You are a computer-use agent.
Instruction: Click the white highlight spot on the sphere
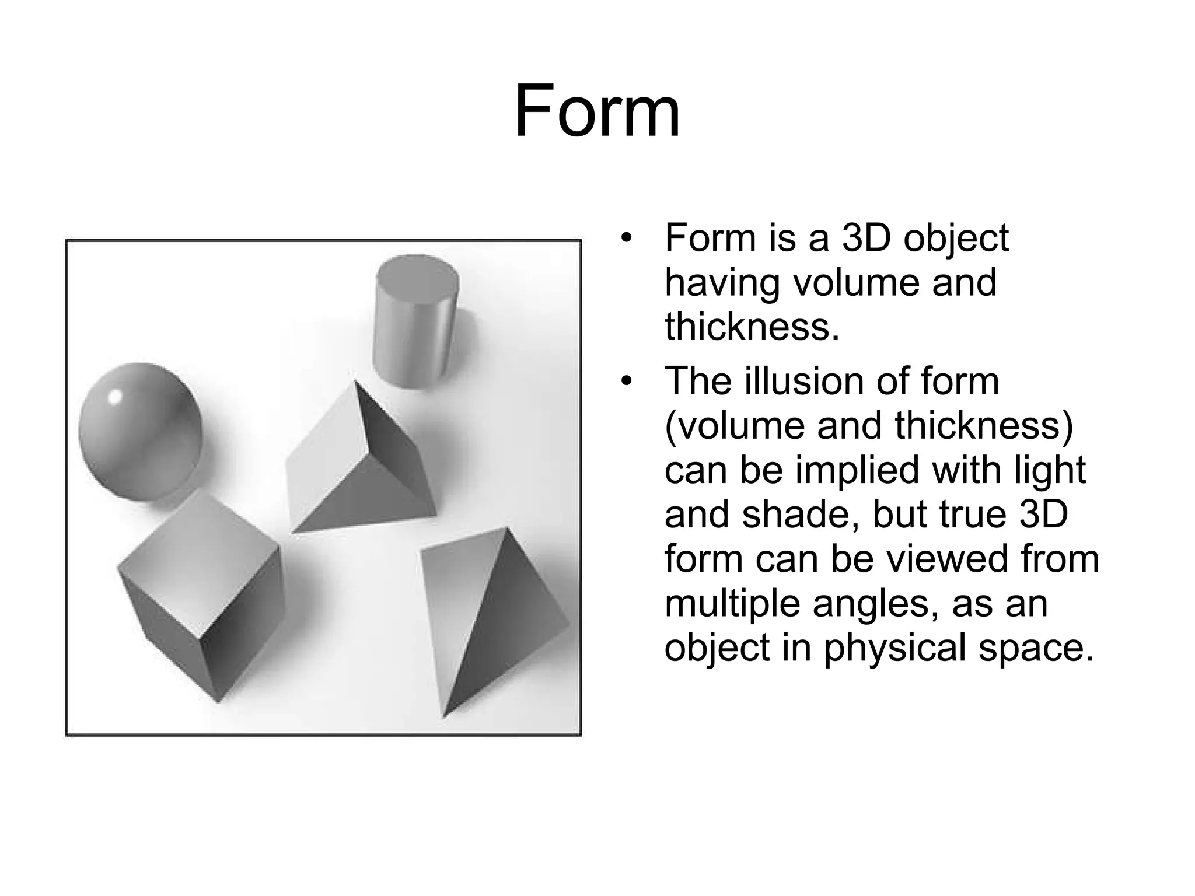116,397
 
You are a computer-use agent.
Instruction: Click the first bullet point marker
627,239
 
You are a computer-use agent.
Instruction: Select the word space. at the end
1036,649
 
